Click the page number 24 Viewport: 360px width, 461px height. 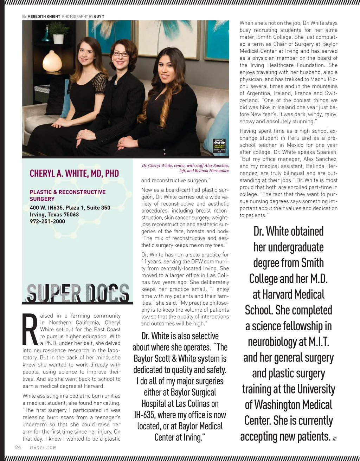18,447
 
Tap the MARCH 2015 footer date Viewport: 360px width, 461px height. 43,448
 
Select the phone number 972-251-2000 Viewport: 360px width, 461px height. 47,221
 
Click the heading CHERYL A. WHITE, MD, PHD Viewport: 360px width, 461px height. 74,173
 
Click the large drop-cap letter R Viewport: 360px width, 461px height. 30,329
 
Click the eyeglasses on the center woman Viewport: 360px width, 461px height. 121,54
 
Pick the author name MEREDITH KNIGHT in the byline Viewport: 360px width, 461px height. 44,17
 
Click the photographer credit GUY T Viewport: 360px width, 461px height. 99,17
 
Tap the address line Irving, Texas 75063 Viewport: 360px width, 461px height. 54,214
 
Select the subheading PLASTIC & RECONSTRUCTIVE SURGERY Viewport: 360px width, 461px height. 67,195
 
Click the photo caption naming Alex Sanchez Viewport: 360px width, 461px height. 185,168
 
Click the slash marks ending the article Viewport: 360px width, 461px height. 335,439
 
